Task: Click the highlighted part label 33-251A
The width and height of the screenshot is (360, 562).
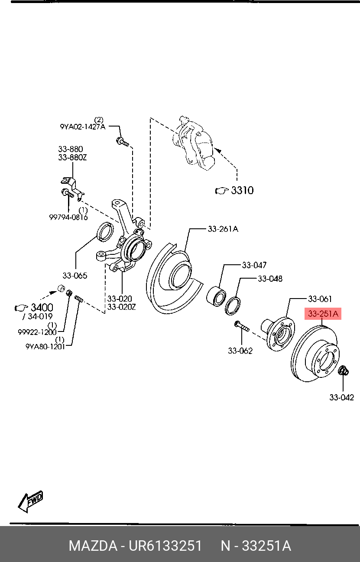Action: (323, 314)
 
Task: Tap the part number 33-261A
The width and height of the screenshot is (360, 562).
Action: (223, 229)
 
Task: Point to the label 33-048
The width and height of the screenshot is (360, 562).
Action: (270, 279)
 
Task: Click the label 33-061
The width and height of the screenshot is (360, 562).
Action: (320, 299)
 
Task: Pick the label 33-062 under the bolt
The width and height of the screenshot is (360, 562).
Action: (240, 351)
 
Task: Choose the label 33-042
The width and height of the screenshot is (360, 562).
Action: (341, 397)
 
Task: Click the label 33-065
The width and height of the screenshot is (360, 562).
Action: (75, 275)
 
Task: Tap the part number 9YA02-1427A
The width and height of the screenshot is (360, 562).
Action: (82, 127)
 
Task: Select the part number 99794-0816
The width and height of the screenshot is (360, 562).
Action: (68, 217)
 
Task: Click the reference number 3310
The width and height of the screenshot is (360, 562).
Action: (242, 190)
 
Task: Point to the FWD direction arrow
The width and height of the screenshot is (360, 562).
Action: (30, 501)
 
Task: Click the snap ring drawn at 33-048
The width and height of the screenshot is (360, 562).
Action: (233, 305)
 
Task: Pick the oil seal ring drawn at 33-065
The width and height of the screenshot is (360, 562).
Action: (105, 232)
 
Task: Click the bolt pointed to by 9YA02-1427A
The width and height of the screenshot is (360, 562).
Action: (122, 141)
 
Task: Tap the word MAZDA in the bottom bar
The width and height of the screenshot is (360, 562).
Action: (93, 546)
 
